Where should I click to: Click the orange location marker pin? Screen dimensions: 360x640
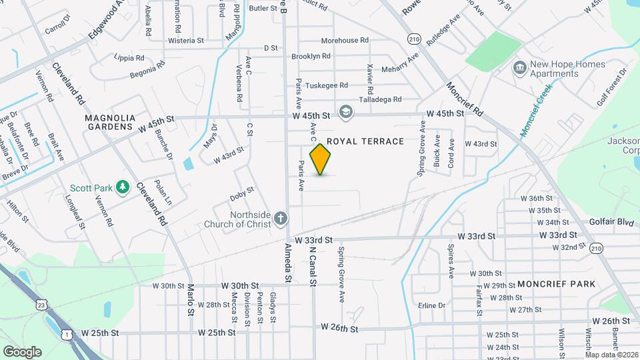[x=321, y=159]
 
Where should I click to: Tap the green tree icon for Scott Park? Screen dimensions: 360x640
[x=122, y=187]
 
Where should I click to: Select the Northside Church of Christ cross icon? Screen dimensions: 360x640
[x=281, y=218]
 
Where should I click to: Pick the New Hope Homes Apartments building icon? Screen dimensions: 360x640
[x=519, y=68]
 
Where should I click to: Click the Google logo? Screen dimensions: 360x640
[x=22, y=351]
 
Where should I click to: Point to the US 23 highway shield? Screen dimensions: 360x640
[x=43, y=305]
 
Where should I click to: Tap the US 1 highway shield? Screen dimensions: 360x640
[x=66, y=333]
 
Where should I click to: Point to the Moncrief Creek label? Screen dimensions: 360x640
[x=535, y=111]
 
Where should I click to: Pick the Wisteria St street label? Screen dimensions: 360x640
[x=186, y=41]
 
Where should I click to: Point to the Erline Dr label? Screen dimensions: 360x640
[x=431, y=305]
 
